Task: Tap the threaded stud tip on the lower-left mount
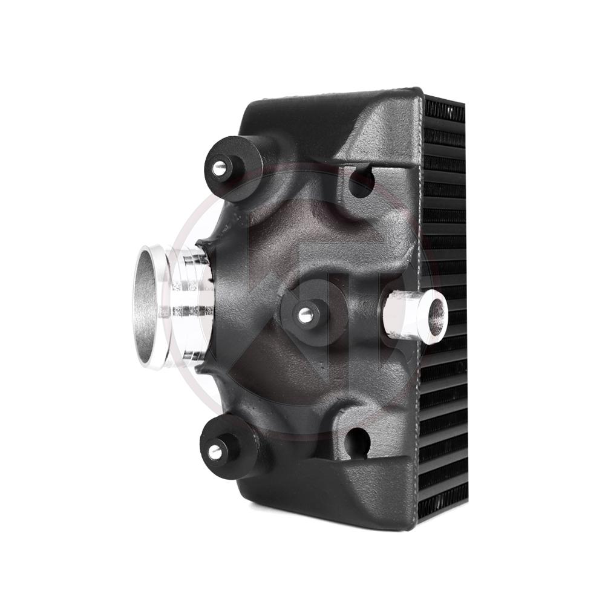215,451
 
